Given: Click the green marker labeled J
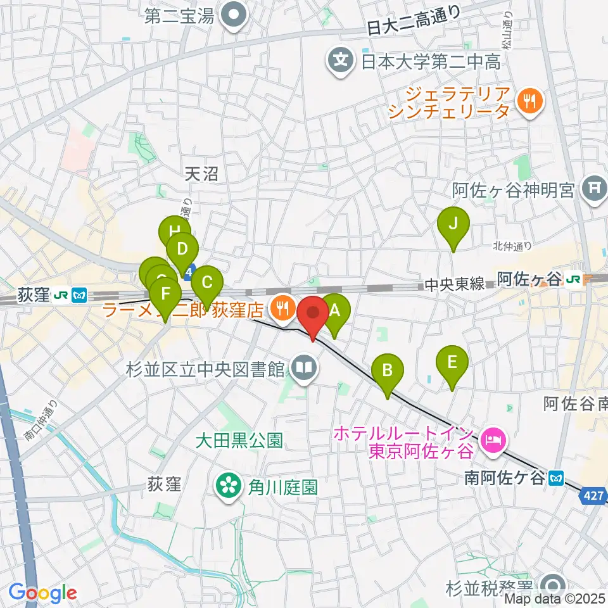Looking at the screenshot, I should tap(453, 224).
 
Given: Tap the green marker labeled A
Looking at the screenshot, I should tap(334, 311).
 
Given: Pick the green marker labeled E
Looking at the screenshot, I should tap(452, 362).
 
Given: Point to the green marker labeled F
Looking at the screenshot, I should tap(166, 294).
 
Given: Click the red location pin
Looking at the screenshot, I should tap(313, 314).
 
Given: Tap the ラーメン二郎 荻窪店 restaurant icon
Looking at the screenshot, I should tap(280, 309).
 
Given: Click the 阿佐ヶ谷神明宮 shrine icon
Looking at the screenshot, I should tap(594, 189).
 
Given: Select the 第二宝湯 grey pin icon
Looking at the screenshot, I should tap(233, 15).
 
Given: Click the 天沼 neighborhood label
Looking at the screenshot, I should tap(202, 174).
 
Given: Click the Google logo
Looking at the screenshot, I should tap(43, 593).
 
